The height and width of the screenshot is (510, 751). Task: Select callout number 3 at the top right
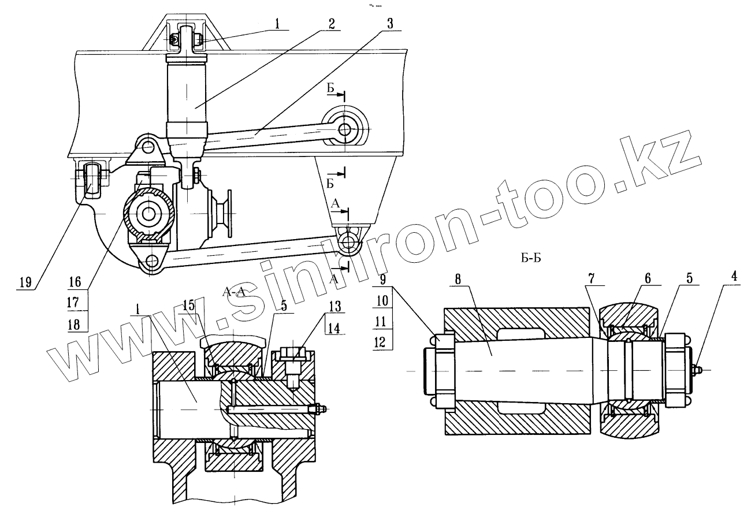pyautogui.click(x=391, y=24)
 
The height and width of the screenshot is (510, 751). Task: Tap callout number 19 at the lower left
pyautogui.click(x=25, y=282)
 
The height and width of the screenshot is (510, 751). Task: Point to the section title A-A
pyautogui.click(x=235, y=293)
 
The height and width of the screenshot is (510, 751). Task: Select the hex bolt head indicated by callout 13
pyautogui.click(x=293, y=354)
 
